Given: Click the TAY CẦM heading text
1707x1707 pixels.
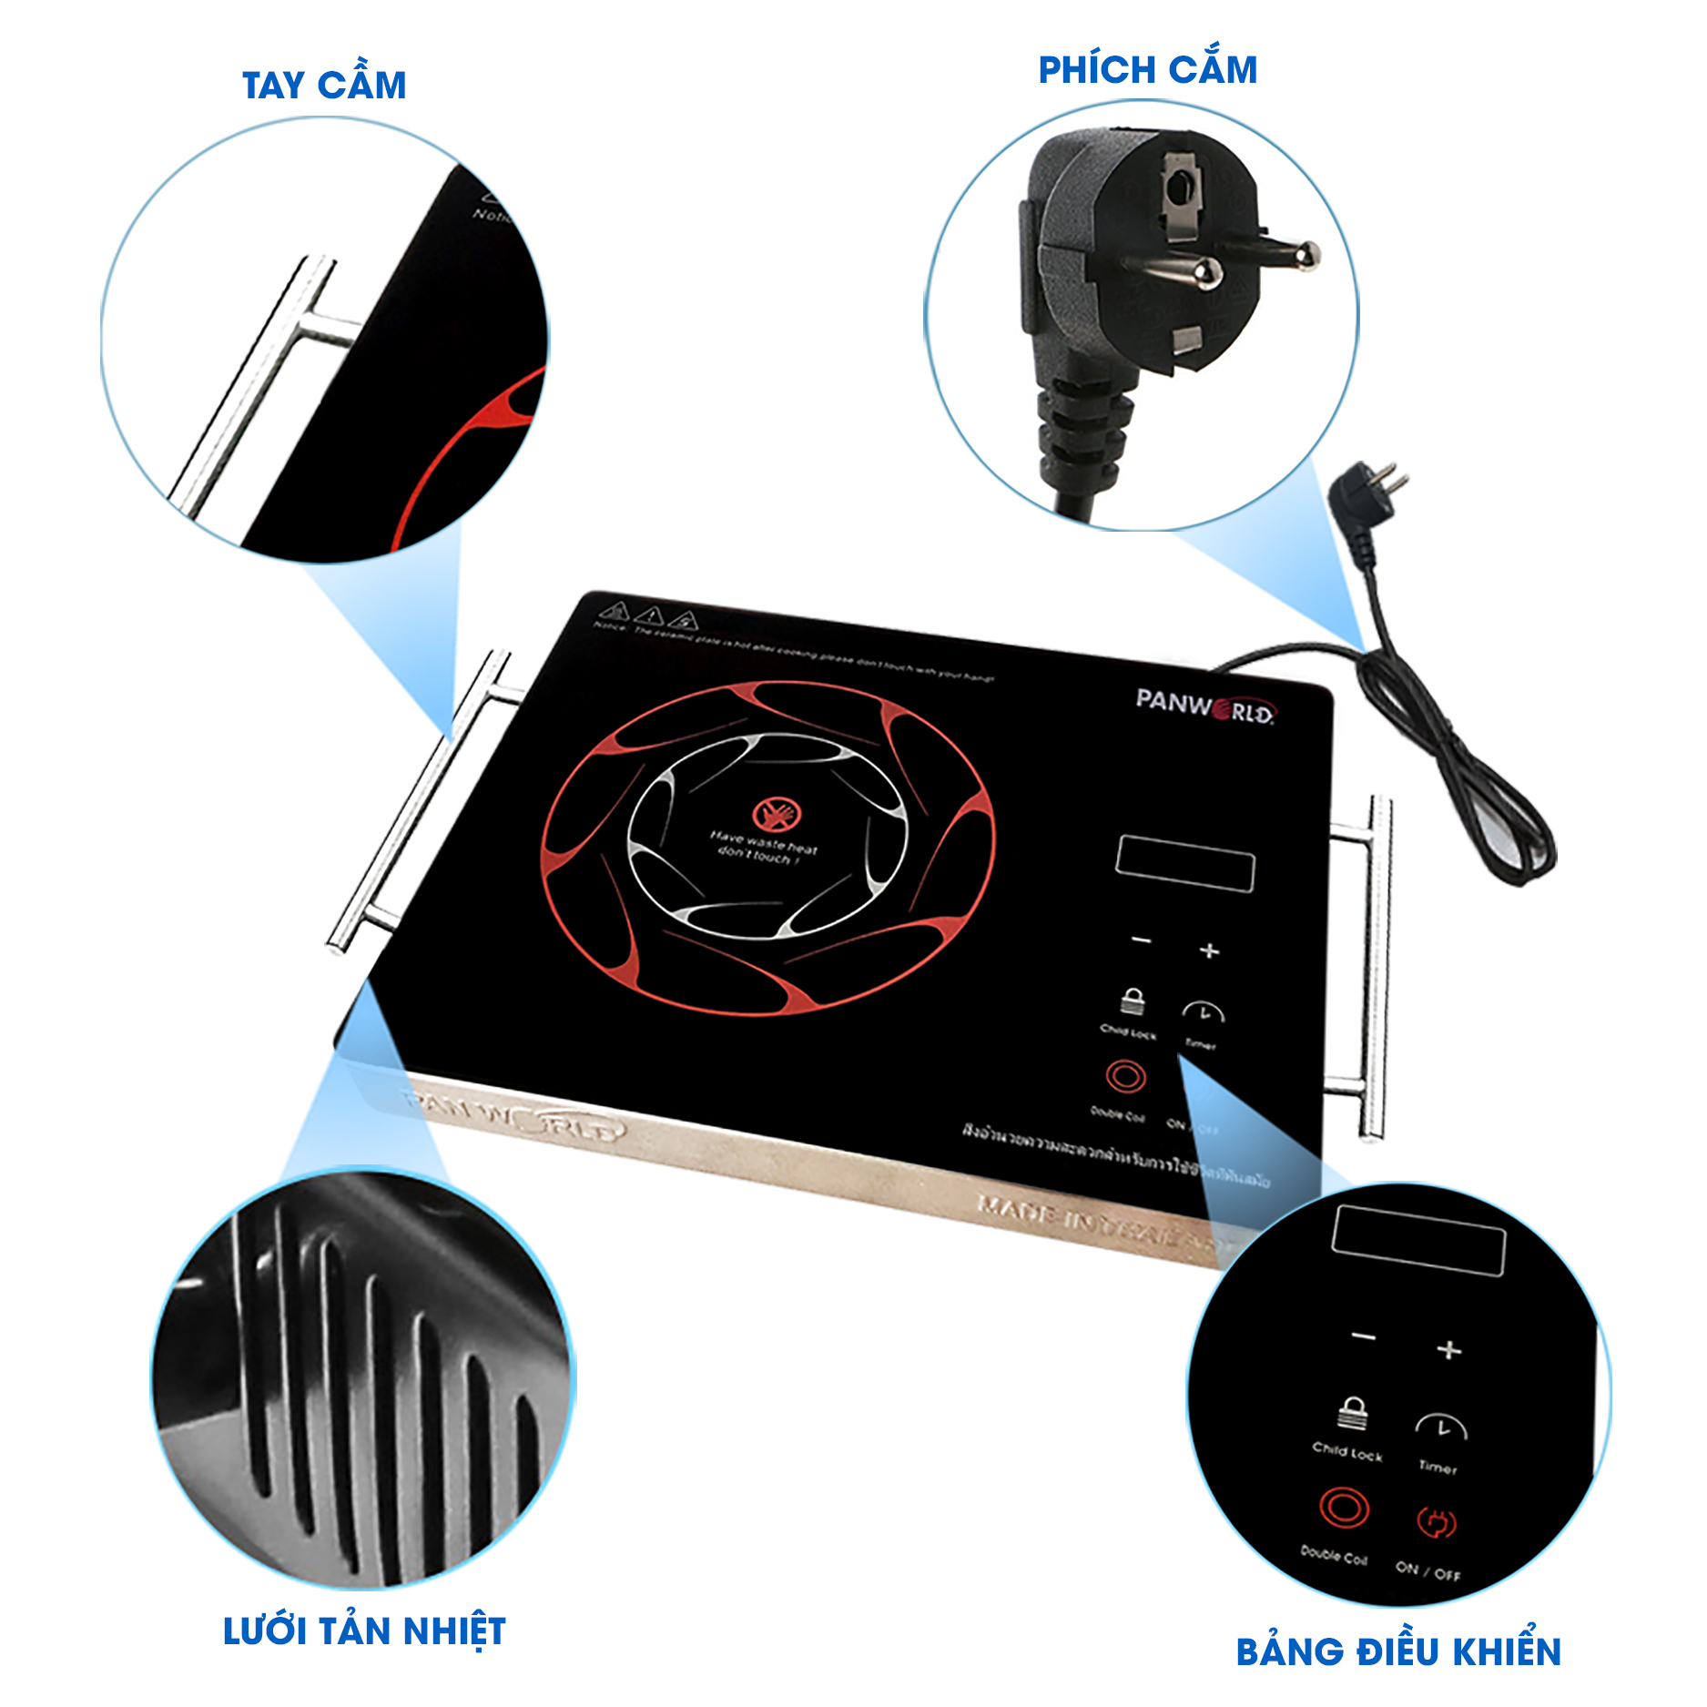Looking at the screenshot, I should coord(324,86).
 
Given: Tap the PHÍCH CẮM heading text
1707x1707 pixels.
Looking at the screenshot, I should coord(1147,70).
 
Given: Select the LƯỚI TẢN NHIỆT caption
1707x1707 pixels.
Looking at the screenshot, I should coord(364,1631).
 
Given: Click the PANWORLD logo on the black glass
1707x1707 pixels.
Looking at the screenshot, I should coord(1204,705).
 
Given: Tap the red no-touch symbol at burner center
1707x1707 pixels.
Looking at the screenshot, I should coord(776,814).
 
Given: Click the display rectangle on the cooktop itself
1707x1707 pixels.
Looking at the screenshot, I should coord(1184,863).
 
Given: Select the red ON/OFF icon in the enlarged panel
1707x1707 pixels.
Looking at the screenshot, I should coord(1436,1521).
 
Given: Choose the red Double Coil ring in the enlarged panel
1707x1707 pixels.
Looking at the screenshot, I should coord(1344,1508).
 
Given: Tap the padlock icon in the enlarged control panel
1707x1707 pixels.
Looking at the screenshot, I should coord(1352,1414).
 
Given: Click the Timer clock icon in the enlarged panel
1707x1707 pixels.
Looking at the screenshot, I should coord(1440,1427).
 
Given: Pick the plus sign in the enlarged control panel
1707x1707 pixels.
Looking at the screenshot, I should coord(1448,1350).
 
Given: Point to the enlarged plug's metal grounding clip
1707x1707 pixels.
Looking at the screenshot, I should coord(1180,196).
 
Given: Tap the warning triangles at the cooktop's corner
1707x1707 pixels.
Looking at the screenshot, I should coord(648,616).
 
